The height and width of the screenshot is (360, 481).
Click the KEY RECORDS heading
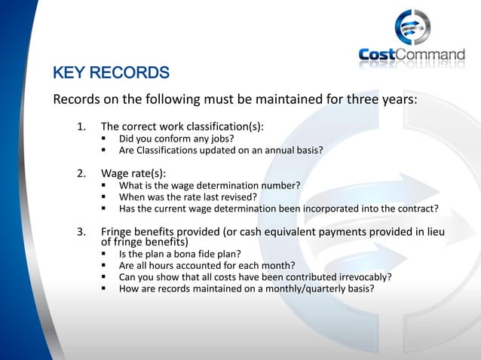[x=111, y=74]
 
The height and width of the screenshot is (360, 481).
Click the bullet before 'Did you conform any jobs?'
[x=105, y=139]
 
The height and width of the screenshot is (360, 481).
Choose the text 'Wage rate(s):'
[x=133, y=174]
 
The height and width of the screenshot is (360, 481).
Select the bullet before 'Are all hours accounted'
[x=105, y=265]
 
